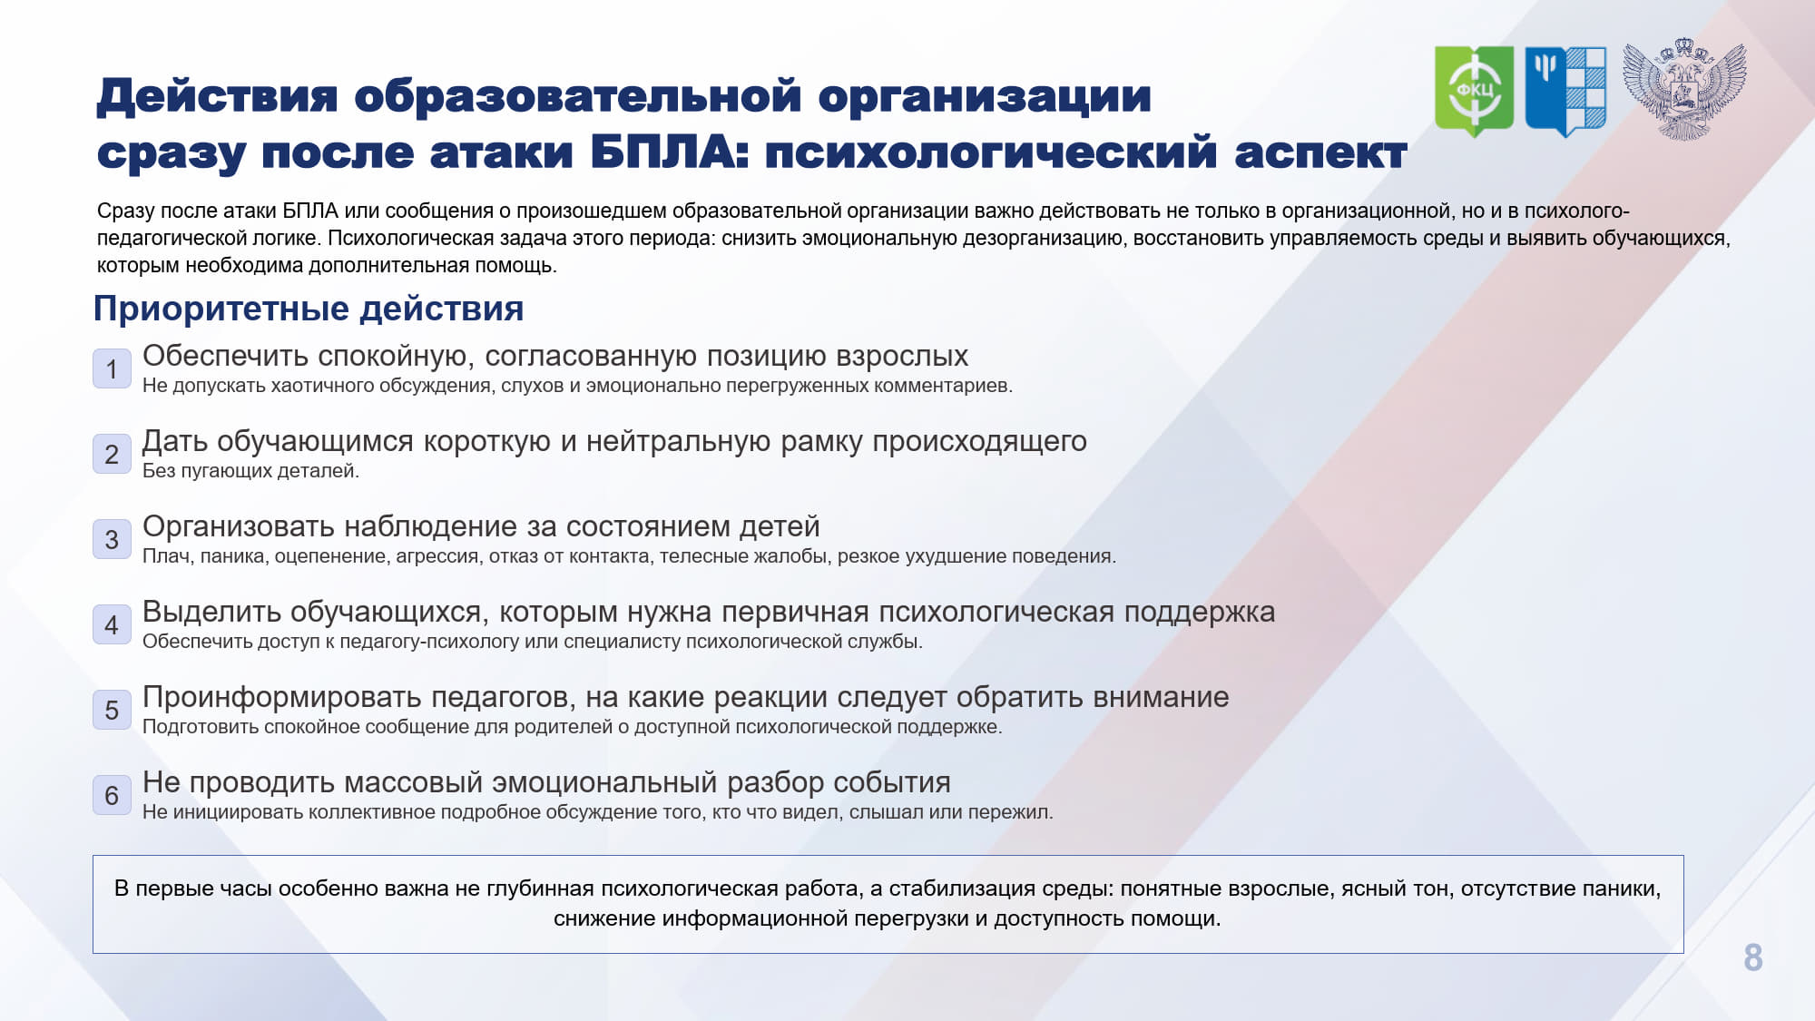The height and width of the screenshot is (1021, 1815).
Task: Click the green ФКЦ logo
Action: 1474,91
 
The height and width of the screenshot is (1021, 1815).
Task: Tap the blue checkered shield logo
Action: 1565,91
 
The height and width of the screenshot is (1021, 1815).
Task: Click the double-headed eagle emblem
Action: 1684,89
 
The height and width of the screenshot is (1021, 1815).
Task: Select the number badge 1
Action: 112,368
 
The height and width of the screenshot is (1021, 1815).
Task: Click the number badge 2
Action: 112,454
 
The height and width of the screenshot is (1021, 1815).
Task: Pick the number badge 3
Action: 112,539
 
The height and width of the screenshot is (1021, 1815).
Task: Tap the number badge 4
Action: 112,624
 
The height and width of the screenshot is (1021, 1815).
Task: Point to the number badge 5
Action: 112,710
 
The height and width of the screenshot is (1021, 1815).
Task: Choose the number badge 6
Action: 112,795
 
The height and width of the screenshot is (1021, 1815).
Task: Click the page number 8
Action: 1752,957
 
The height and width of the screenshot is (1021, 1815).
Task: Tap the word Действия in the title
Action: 217,96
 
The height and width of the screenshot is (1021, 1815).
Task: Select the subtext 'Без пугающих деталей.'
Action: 250,471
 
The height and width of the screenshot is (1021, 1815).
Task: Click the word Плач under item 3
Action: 166,556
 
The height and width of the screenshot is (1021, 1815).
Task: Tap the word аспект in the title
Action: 1321,153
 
